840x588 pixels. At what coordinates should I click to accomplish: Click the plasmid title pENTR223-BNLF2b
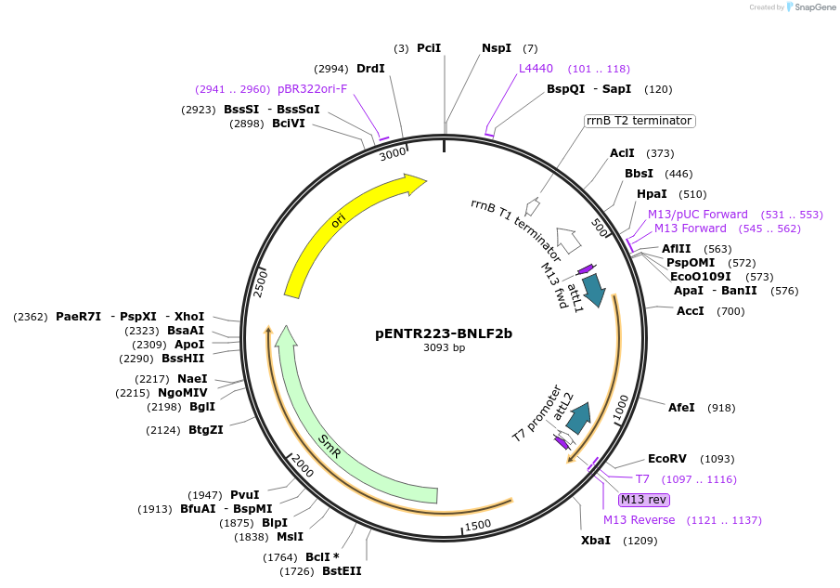pos(444,333)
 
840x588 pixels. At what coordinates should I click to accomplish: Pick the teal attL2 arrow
pos(581,418)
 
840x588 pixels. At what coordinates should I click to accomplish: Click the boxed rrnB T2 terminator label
pos(640,121)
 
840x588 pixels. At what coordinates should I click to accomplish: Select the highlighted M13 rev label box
pos(644,500)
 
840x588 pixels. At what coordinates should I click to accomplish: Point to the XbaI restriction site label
pos(595,541)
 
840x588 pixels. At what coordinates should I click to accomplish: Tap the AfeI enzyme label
pos(681,408)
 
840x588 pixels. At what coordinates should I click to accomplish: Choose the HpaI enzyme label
pos(652,194)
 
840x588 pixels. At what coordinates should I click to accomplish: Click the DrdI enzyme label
pos(370,69)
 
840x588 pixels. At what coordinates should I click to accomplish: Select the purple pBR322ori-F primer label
pos(312,89)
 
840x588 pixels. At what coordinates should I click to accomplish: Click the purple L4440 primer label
pos(536,69)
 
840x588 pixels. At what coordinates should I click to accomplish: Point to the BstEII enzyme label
pos(342,571)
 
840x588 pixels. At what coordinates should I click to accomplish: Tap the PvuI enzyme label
pos(244,495)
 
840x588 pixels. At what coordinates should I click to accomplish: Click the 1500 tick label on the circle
pos(477,525)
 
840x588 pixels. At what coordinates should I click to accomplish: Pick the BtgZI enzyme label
pos(205,430)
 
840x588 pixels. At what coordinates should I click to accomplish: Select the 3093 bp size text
pos(444,347)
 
